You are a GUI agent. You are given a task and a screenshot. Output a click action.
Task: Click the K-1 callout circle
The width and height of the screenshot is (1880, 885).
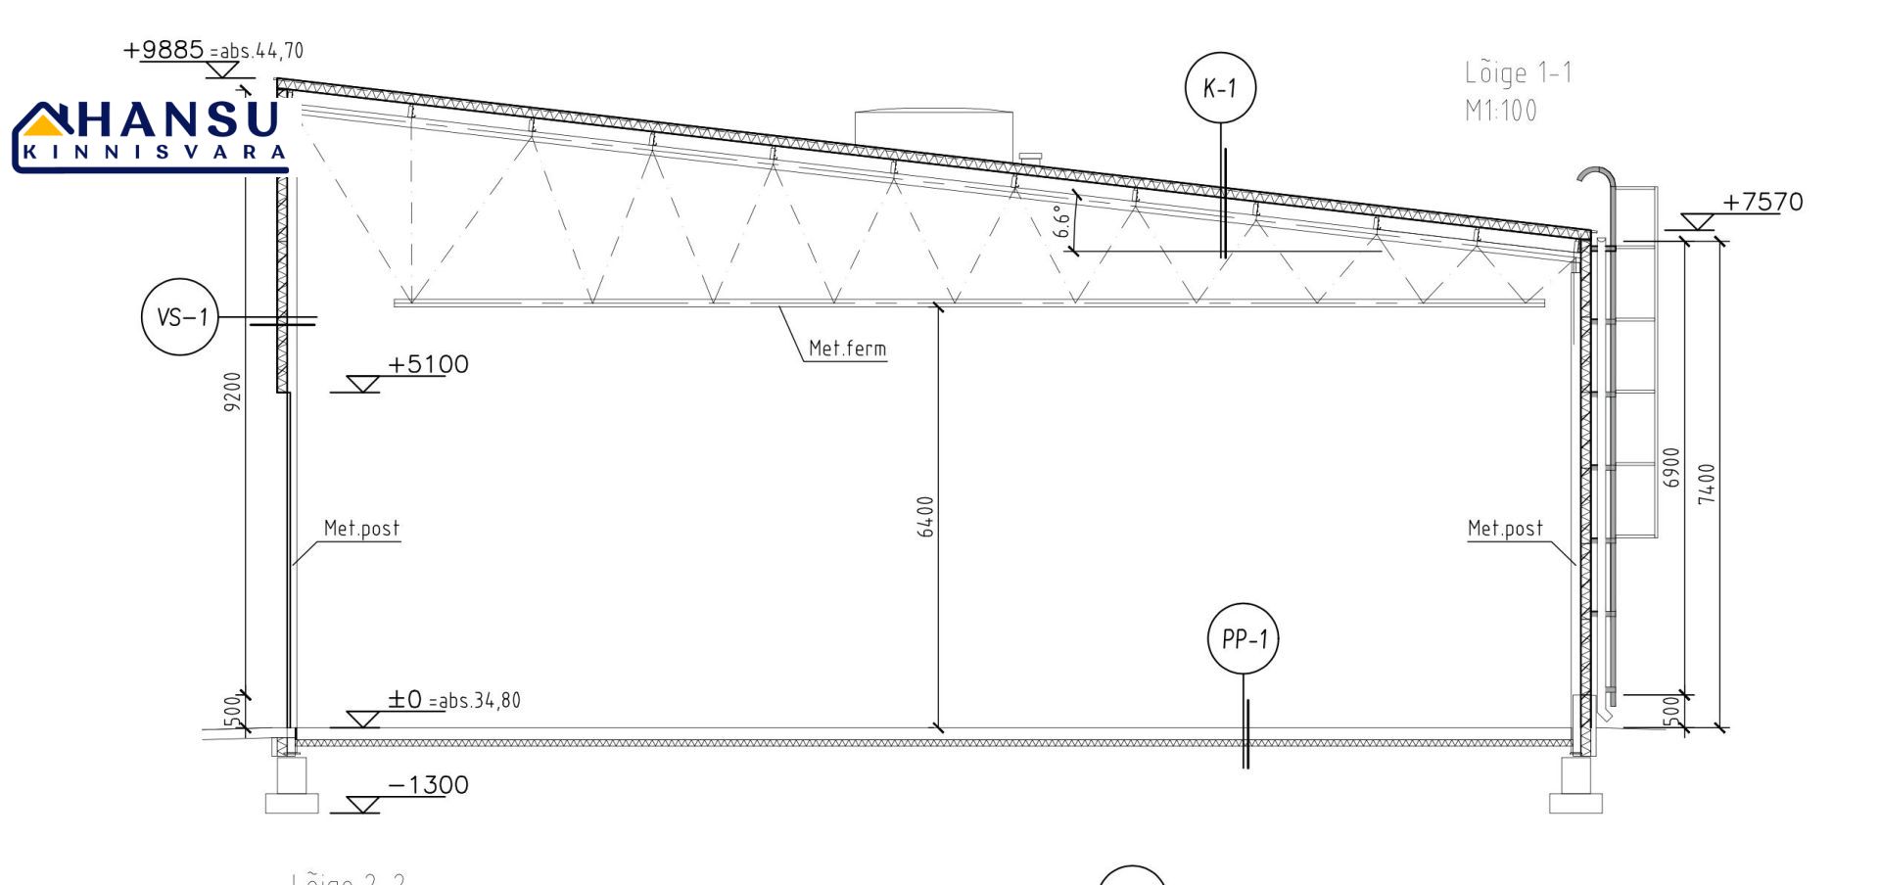pos(1220,88)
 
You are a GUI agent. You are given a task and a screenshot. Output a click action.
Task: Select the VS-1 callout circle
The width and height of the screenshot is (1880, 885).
pos(180,316)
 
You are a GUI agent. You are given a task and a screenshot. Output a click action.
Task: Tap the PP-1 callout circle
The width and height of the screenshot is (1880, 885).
pos(1244,639)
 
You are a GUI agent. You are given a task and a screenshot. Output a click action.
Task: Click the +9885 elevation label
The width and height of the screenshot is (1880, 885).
pos(164,50)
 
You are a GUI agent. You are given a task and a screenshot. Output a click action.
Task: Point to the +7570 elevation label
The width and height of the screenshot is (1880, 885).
pos(1762,203)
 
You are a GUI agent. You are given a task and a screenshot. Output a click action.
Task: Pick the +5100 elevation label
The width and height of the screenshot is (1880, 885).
pos(428,365)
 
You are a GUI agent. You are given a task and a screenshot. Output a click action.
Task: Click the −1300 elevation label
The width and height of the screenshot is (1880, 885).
pos(428,785)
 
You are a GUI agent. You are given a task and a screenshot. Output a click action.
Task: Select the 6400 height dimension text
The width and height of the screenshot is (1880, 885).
pos(926,517)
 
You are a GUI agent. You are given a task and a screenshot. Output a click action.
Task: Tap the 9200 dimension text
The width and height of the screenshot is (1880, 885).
pos(232,391)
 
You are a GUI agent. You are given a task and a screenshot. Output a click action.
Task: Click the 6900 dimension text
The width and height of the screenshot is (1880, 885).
pos(1671,467)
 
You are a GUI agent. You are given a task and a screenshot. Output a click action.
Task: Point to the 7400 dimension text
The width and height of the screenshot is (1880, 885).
pos(1707,484)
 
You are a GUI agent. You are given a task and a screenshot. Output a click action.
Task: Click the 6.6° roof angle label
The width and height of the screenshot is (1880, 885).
pos(1062,221)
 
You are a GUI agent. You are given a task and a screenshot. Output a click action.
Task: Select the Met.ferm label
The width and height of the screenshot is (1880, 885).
pos(847,349)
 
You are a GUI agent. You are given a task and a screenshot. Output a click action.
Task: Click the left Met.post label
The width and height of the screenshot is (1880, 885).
pos(361,529)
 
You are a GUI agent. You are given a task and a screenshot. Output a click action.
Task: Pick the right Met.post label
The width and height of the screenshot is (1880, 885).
pos(1505,529)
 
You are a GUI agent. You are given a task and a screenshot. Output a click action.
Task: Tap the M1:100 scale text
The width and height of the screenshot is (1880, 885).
pos(1500,111)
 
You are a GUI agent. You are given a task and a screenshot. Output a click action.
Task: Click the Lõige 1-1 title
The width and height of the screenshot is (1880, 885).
pos(1518,73)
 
